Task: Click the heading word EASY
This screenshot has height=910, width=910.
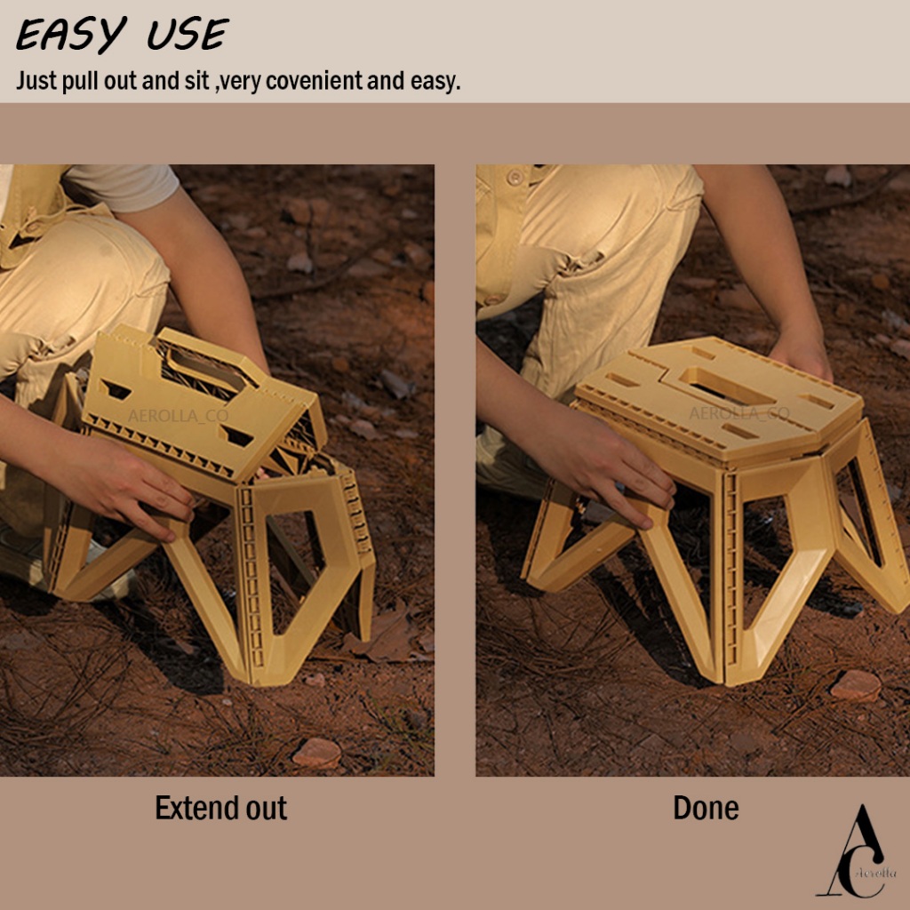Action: point(71,35)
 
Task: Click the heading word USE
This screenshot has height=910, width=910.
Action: point(188,35)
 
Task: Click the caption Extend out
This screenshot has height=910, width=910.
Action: point(220,808)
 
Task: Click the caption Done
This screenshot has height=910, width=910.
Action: point(706,808)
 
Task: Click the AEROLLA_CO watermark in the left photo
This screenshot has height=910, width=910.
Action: point(178,416)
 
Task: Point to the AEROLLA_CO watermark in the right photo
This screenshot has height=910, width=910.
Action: point(739,413)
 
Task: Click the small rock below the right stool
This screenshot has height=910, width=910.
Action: point(856,685)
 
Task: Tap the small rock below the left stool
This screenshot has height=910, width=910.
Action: point(316,754)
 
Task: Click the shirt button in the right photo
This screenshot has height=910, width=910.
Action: point(515,177)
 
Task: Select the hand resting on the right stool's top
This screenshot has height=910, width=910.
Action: point(802,356)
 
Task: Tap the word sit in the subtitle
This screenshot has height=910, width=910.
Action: point(196,81)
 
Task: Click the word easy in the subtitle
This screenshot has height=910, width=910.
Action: point(435,82)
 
